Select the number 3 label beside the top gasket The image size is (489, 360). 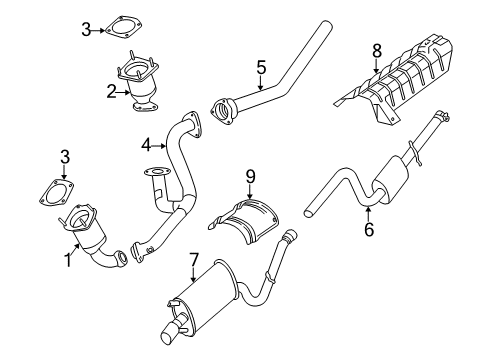pyautogui.click(x=86, y=31)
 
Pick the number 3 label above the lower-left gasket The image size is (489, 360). pyautogui.click(x=64, y=156)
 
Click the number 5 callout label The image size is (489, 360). pyautogui.click(x=260, y=67)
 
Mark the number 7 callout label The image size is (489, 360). pyautogui.click(x=193, y=259)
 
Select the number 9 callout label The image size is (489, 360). pyautogui.click(x=251, y=177)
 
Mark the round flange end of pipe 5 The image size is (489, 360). pyautogui.click(x=221, y=106)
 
